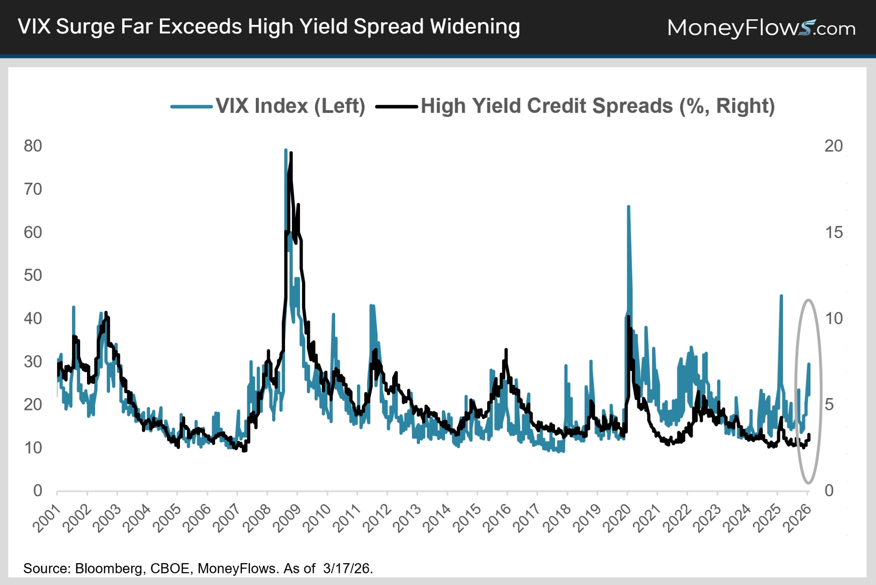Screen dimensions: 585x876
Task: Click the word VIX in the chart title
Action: coord(34,27)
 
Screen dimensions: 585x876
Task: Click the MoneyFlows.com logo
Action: coord(761,28)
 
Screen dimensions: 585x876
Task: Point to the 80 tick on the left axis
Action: coord(33,146)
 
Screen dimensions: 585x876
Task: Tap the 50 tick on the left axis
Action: coord(33,275)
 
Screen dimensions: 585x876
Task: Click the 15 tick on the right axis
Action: coord(833,232)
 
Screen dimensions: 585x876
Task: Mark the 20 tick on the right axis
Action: coord(833,146)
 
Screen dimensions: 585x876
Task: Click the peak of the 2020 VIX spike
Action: coord(628,207)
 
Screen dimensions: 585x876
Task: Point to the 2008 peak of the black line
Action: coord(291,153)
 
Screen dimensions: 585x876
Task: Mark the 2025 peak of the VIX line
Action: coord(781,296)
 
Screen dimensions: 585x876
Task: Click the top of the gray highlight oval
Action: coord(808,300)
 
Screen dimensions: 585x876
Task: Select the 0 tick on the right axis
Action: coord(829,491)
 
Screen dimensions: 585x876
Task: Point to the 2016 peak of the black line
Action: coord(506,350)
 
